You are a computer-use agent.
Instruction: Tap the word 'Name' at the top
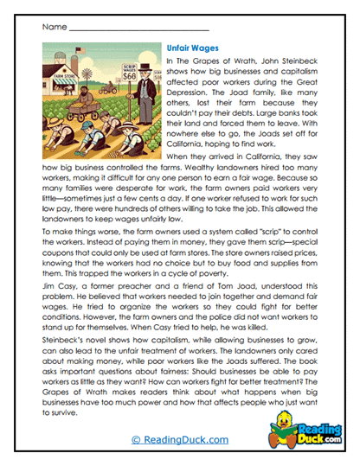point(53,29)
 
